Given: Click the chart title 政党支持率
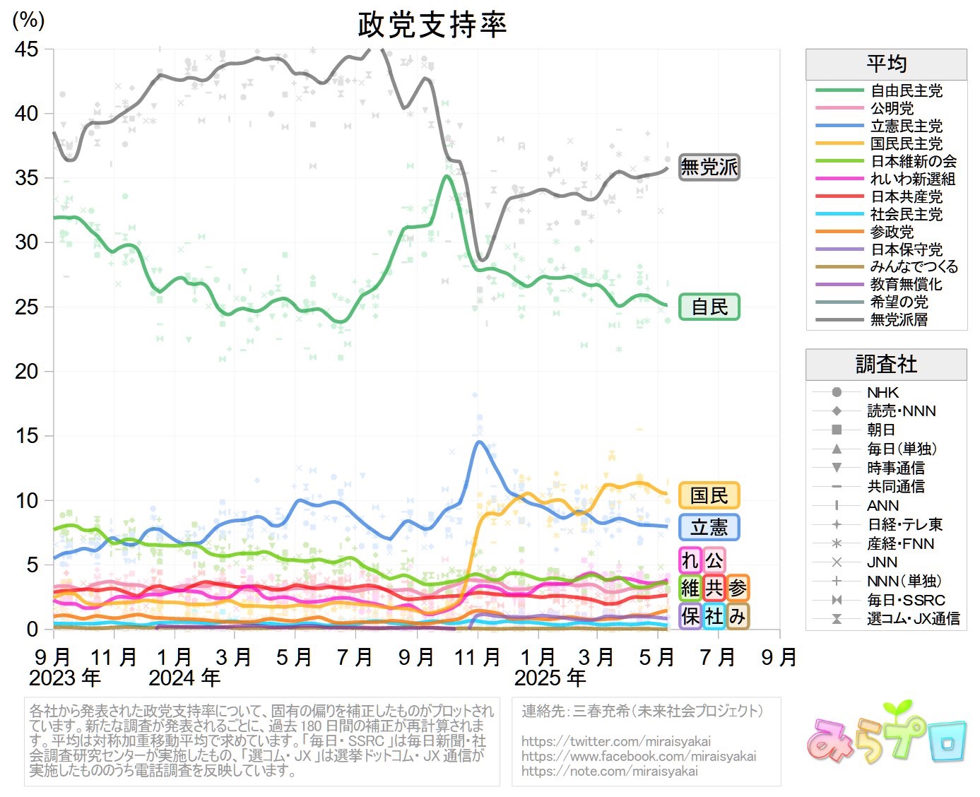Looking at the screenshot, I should pyautogui.click(x=432, y=25).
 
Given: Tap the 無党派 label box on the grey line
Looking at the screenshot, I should pyautogui.click(x=709, y=167).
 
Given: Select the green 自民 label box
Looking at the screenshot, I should pyautogui.click(x=709, y=307).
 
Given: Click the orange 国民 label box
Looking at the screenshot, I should pyautogui.click(x=709, y=495).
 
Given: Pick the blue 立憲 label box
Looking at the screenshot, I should pyautogui.click(x=709, y=527).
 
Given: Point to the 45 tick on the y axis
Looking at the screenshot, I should pyautogui.click(x=27, y=49).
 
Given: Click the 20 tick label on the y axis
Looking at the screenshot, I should pyautogui.click(x=27, y=371).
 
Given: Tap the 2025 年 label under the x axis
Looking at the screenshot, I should pyautogui.click(x=550, y=678).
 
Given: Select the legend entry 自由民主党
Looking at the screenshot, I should pyautogui.click(x=906, y=90).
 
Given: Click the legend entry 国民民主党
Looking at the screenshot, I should pyautogui.click(x=906, y=143).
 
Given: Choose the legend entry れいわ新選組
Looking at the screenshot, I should pyautogui.click(x=913, y=179).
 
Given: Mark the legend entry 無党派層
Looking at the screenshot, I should pyautogui.click(x=899, y=319).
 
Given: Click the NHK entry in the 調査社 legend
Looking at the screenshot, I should pyautogui.click(x=882, y=392).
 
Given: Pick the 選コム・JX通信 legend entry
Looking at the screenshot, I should pyautogui.click(x=913, y=619).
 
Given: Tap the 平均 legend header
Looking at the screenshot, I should pyautogui.click(x=886, y=64).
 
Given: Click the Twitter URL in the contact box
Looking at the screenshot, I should pyautogui.click(x=616, y=741).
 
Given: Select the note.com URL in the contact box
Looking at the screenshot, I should pyautogui.click(x=609, y=771).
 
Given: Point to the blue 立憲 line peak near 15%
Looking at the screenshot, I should pyautogui.click(x=480, y=442).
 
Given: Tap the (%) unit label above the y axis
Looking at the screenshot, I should pyautogui.click(x=28, y=20).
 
